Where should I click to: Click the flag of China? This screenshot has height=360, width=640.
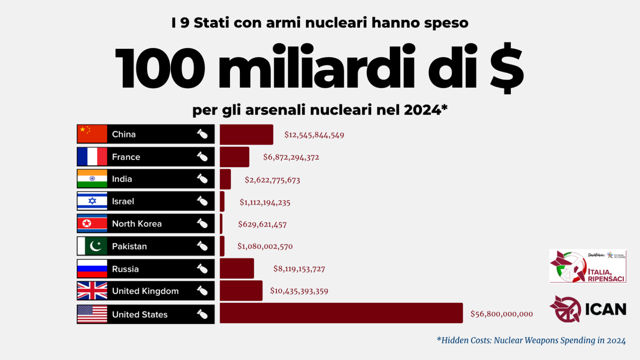click(92, 134)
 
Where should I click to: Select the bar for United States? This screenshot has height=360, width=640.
click(341, 313)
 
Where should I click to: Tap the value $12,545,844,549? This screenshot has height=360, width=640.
click(314, 135)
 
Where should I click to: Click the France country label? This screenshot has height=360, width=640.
click(126, 157)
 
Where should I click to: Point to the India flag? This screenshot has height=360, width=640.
click(92, 179)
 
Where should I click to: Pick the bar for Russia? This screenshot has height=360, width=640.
click(237, 269)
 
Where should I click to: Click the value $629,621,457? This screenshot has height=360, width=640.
click(262, 225)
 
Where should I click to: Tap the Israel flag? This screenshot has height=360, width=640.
click(92, 201)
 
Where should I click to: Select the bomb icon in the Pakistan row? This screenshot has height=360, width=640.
click(202, 246)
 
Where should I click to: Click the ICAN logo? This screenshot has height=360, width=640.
click(587, 309)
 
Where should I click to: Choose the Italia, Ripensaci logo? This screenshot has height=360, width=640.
click(587, 266)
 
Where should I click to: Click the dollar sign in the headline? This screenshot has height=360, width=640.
click(506, 67)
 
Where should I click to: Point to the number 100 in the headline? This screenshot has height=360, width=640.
click(160, 67)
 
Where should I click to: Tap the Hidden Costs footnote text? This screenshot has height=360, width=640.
click(531, 340)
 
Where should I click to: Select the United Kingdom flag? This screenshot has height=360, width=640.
click(92, 291)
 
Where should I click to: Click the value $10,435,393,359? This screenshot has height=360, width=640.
click(299, 291)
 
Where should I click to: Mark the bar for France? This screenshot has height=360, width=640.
click(235, 157)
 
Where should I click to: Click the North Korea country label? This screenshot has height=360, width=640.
click(137, 224)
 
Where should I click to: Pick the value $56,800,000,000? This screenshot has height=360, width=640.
click(501, 314)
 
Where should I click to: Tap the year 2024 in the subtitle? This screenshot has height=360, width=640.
click(422, 110)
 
